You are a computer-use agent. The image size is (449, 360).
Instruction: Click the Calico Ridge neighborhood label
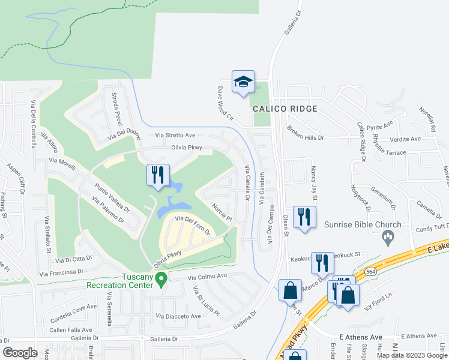(281, 109)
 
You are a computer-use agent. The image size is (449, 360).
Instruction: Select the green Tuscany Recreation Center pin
(161, 279)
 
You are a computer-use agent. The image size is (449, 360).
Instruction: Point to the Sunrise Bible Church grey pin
(388, 239)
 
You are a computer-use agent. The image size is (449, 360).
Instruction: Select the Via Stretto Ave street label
(175, 136)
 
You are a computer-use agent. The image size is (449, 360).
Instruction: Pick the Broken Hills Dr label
(305, 133)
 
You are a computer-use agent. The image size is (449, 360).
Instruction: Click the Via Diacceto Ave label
(178, 316)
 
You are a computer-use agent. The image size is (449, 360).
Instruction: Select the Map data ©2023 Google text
(412, 355)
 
